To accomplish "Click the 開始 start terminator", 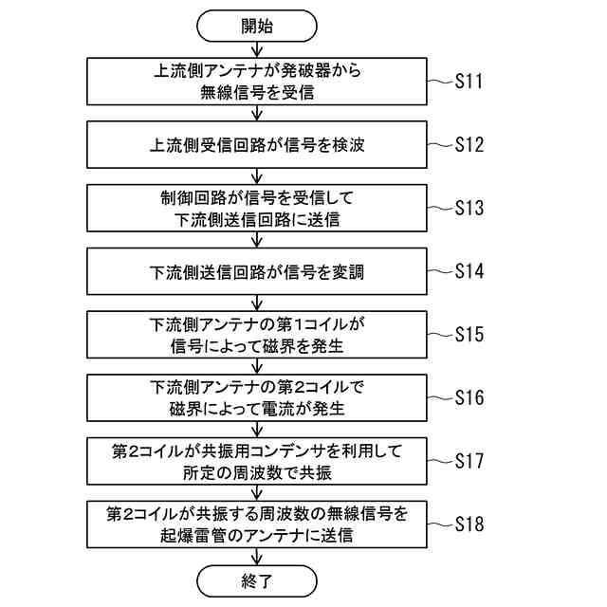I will click(256, 26).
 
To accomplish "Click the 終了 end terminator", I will click(256, 580).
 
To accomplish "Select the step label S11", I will click(469, 82).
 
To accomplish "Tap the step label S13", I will click(469, 208).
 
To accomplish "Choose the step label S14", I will click(469, 271).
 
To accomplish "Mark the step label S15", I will click(469, 334).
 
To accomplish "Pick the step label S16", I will click(469, 397).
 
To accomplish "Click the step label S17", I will click(469, 461).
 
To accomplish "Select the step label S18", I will click(469, 524).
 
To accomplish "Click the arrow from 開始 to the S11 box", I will click(256, 50).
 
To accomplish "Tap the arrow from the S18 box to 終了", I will click(256, 556).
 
